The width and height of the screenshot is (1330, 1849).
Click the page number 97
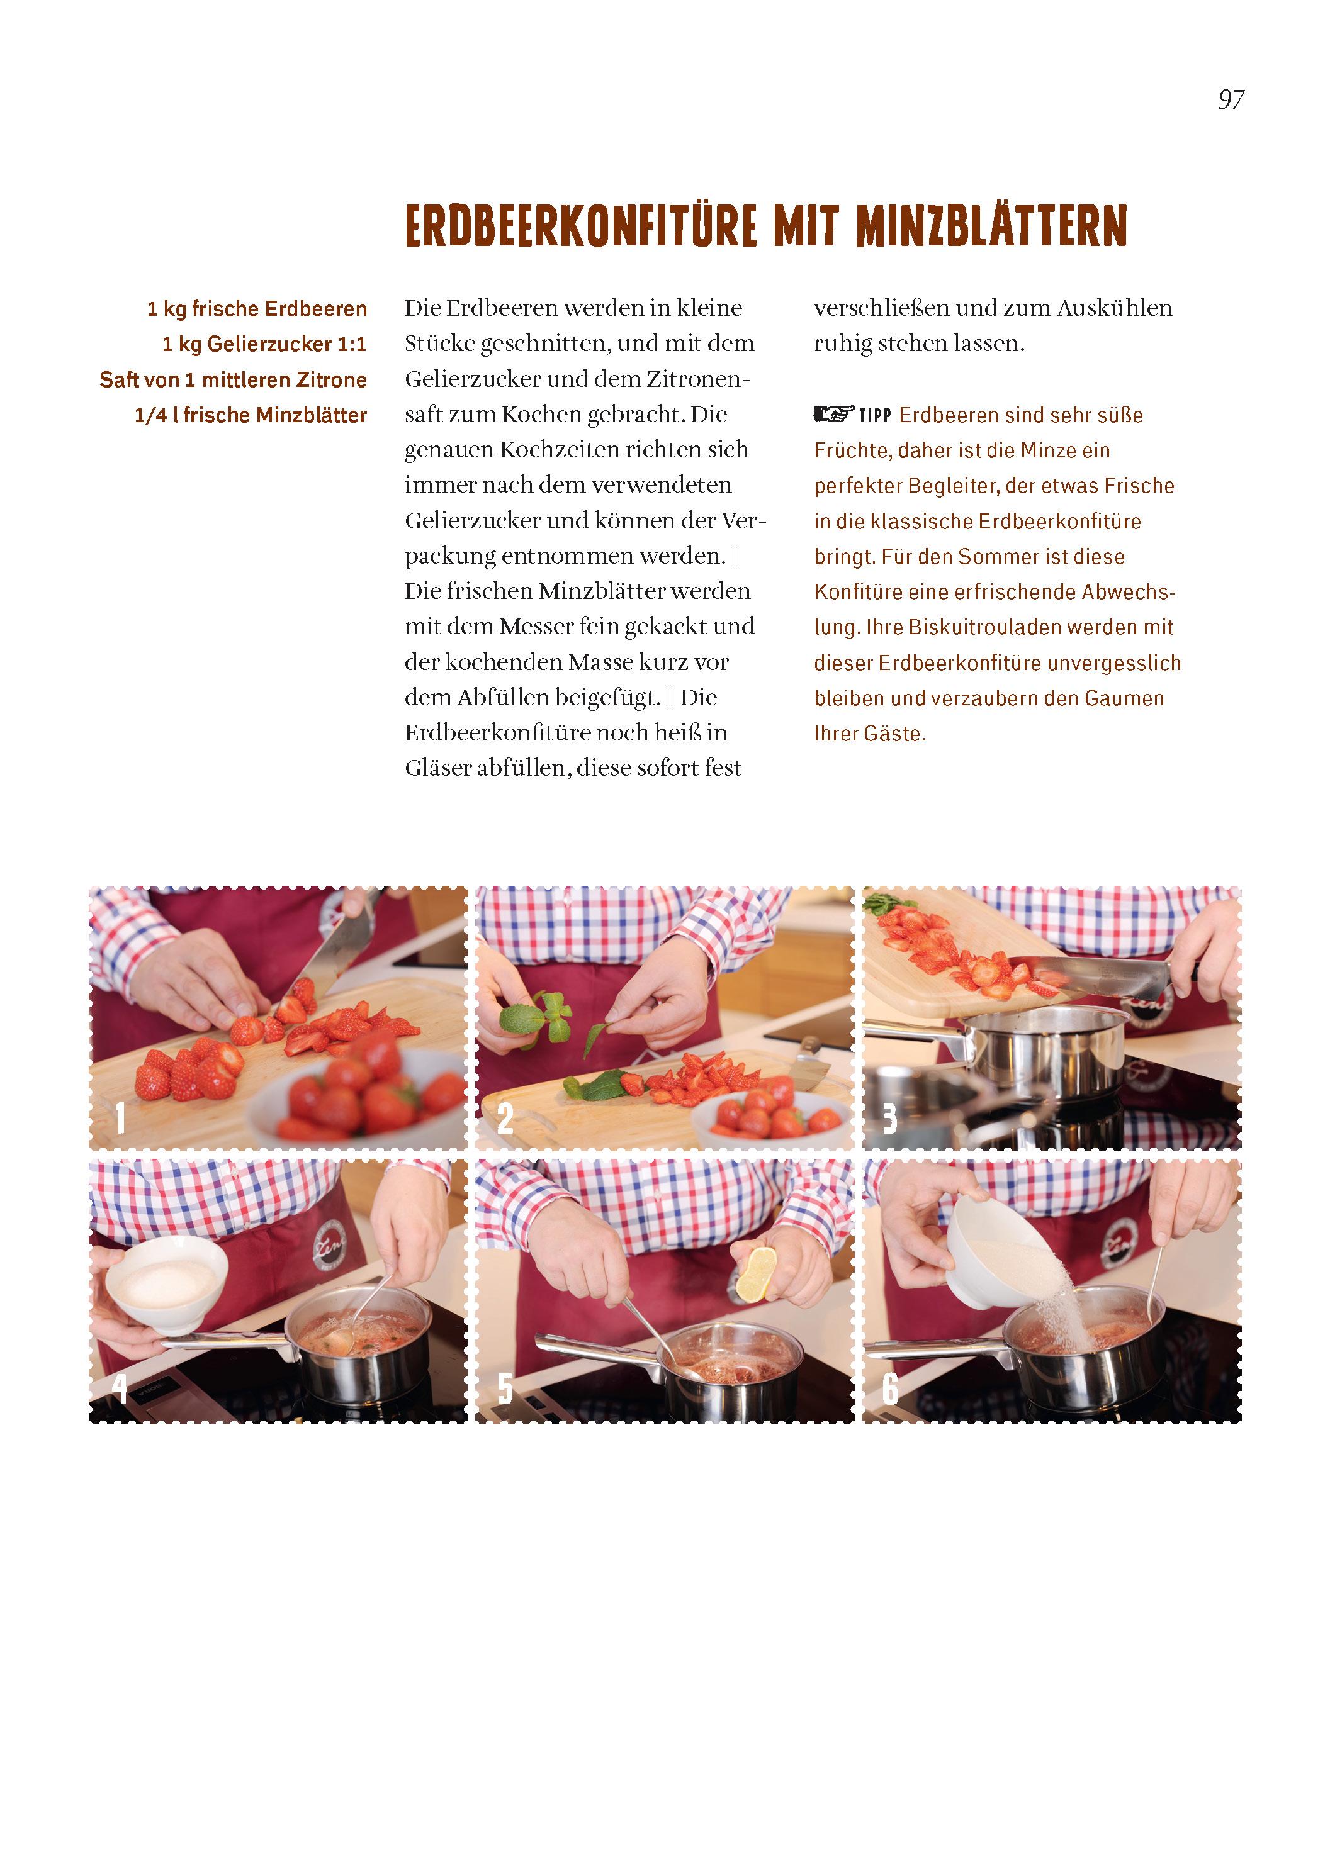[x=1231, y=99]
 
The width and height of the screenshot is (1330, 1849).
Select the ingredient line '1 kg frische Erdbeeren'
[x=257, y=309]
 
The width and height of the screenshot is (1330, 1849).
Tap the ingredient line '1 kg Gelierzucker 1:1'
[x=264, y=344]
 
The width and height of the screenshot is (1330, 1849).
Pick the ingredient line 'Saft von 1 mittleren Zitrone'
[x=234, y=380]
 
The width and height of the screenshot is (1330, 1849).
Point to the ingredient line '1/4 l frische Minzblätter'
[x=251, y=415]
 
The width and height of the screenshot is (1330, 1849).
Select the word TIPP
[x=876, y=416]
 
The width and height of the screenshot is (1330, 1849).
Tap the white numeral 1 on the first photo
[x=120, y=1118]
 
